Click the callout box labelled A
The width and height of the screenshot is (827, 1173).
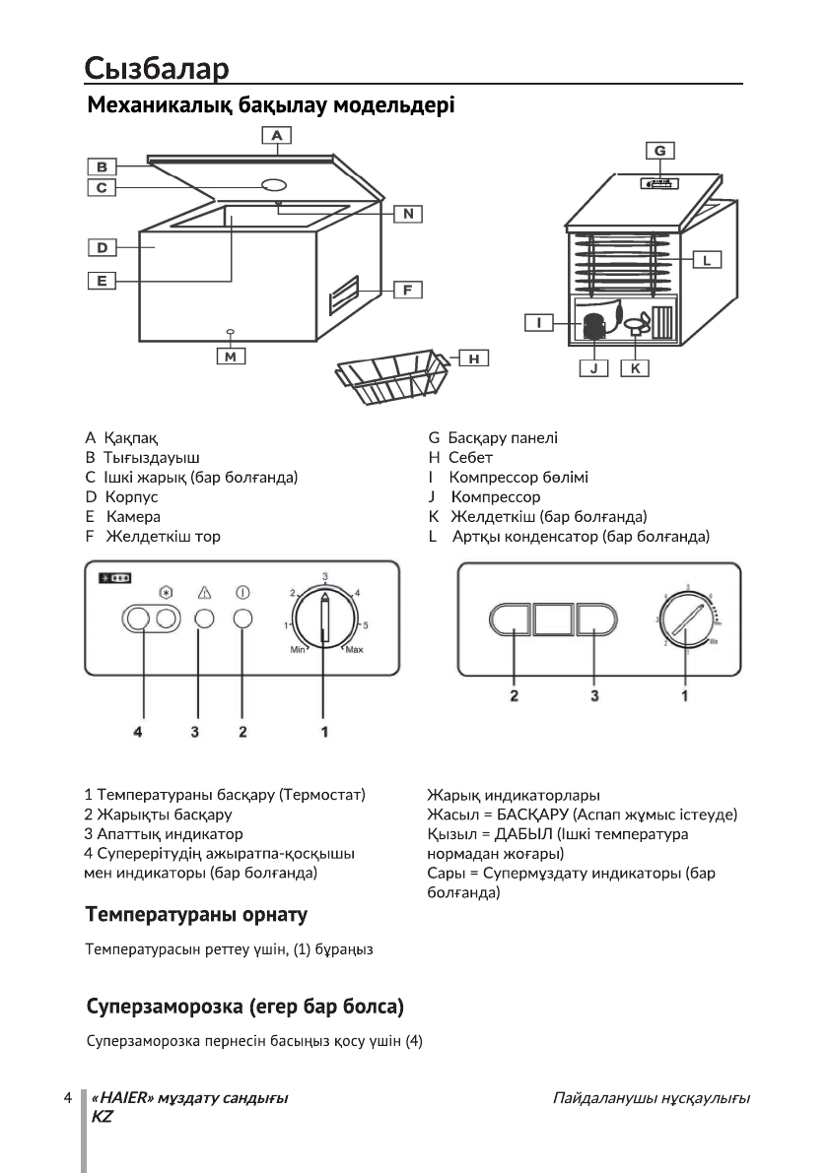tap(277, 134)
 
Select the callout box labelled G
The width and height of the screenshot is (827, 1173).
tap(659, 150)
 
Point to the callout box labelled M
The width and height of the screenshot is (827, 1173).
tap(231, 357)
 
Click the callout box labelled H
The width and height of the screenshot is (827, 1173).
tap(474, 358)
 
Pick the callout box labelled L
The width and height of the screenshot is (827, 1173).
tap(708, 260)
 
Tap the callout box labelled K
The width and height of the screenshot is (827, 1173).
tap(635, 367)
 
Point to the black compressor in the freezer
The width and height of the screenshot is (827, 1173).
tap(594, 326)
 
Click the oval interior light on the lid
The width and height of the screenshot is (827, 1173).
tap(275, 184)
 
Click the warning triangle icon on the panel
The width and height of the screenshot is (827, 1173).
tap(205, 593)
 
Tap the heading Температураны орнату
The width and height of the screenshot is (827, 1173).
tap(197, 915)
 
